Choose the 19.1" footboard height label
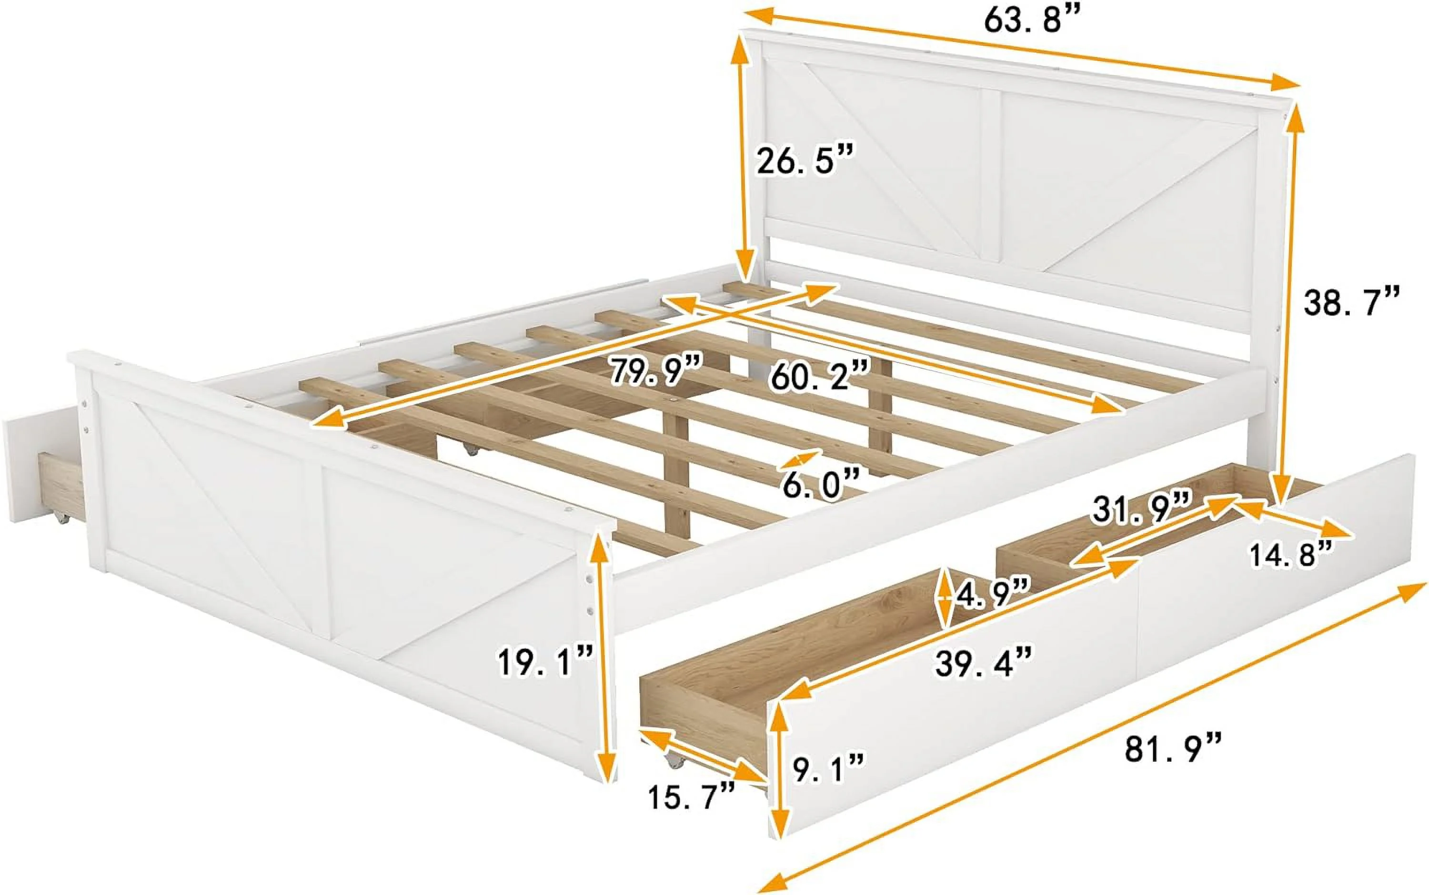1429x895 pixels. point(545,661)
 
